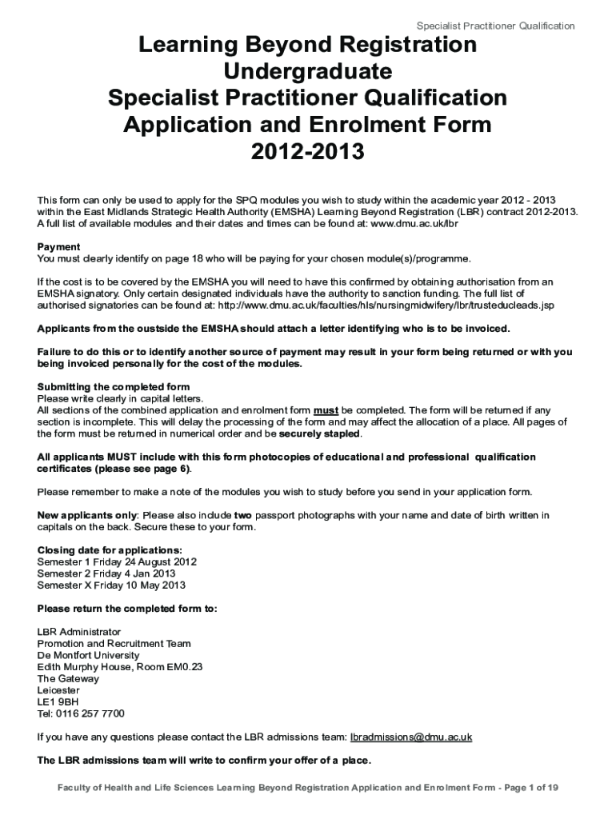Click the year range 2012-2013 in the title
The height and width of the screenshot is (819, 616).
point(307,150)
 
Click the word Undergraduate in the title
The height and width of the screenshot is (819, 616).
point(307,72)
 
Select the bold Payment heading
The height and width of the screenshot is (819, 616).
point(59,247)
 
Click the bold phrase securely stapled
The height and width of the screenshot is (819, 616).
point(320,434)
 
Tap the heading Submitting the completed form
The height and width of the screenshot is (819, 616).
point(114,387)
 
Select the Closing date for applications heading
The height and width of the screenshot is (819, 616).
point(110,550)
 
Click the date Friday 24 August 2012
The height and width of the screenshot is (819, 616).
point(144,561)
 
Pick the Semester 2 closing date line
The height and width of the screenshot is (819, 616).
point(106,573)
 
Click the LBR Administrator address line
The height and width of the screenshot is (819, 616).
point(79,632)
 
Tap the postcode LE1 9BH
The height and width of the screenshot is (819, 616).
point(58,701)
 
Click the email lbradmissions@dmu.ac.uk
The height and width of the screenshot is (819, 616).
point(411,737)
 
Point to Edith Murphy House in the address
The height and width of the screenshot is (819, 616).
point(79,666)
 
